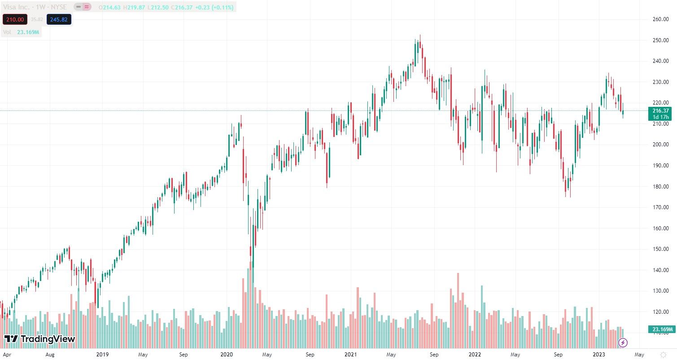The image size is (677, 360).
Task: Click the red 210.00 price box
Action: (x=15, y=20)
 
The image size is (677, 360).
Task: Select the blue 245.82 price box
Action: (x=59, y=20)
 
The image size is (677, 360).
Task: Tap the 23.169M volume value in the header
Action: (x=28, y=32)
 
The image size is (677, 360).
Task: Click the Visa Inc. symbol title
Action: (x=18, y=7)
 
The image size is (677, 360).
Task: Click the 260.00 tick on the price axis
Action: (x=661, y=19)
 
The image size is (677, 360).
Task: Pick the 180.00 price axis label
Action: (x=661, y=187)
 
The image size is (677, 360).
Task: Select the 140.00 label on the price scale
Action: (x=661, y=270)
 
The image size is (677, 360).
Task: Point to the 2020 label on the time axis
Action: (x=227, y=355)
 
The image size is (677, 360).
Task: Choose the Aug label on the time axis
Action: (x=50, y=355)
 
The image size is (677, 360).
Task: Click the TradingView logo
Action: (x=39, y=339)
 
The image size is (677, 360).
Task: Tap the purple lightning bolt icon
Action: (x=623, y=343)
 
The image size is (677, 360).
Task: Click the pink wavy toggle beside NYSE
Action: (x=87, y=7)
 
